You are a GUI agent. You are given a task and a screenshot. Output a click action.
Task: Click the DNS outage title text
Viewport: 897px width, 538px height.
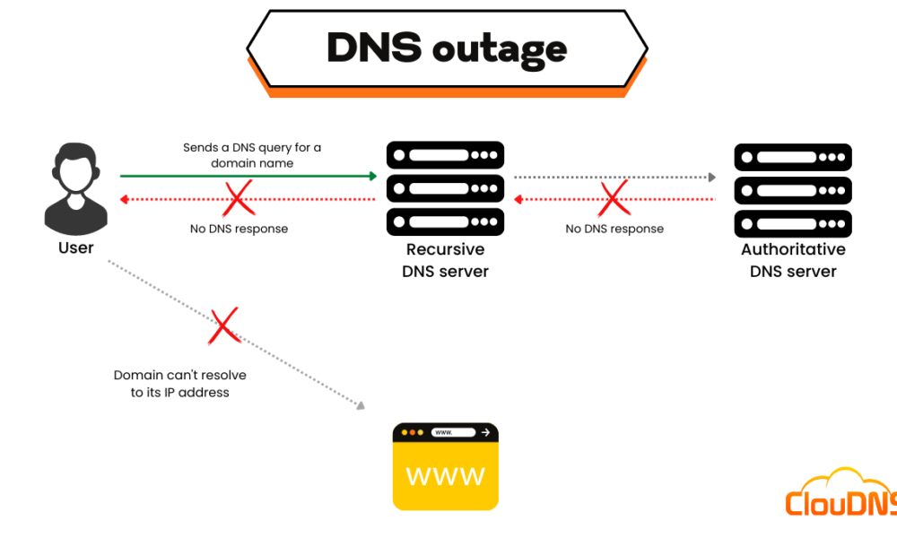pyautogui.click(x=446, y=48)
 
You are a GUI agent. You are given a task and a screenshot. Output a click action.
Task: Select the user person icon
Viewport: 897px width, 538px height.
pyautogui.click(x=75, y=189)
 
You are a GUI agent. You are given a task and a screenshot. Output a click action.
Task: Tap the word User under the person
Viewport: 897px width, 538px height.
pyautogui.click(x=75, y=248)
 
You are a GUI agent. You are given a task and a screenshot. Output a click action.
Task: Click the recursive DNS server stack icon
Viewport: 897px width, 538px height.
pyautogui.click(x=445, y=188)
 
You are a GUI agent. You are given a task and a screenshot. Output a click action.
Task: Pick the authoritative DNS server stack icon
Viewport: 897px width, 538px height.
pyautogui.click(x=792, y=188)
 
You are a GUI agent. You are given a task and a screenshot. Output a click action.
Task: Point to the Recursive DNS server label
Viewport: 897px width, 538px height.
pyautogui.click(x=445, y=260)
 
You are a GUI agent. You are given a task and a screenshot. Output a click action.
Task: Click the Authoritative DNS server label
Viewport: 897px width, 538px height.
pyautogui.click(x=793, y=260)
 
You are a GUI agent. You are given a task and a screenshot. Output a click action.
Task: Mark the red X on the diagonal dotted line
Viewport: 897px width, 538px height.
pyautogui.click(x=223, y=326)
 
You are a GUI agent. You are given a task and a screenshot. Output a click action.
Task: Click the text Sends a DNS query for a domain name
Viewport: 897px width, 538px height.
pyautogui.click(x=252, y=155)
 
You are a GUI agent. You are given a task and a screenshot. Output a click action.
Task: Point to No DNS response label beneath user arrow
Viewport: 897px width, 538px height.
pyautogui.click(x=239, y=229)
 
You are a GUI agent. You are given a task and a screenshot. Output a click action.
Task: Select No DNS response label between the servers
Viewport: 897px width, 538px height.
pyautogui.click(x=614, y=229)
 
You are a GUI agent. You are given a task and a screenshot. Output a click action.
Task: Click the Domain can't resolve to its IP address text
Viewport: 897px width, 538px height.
pyautogui.click(x=180, y=384)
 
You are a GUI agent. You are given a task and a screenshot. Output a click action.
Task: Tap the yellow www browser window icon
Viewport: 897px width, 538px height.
pyautogui.click(x=445, y=466)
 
